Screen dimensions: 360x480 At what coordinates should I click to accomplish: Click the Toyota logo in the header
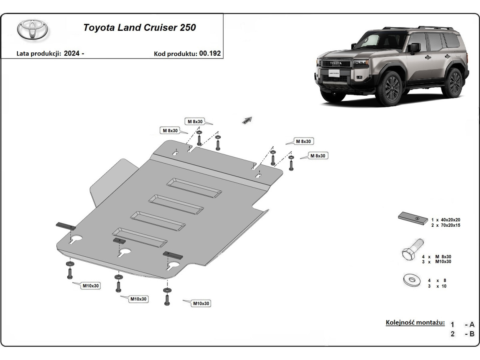click(32, 29)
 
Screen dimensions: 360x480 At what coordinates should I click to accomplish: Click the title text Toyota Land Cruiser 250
click(139, 28)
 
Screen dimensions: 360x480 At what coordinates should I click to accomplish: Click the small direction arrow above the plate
click(247, 120)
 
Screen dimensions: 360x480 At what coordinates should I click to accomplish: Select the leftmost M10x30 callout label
click(91, 286)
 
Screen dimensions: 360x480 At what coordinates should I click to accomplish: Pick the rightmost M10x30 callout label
click(201, 304)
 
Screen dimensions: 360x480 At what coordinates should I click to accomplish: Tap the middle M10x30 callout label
click(138, 299)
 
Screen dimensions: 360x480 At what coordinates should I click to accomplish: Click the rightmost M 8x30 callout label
click(318, 156)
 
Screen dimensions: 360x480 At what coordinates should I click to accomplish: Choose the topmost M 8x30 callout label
click(195, 121)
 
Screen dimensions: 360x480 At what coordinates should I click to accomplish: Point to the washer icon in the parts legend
click(412, 280)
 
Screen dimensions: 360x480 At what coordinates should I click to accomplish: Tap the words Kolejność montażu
click(415, 322)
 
